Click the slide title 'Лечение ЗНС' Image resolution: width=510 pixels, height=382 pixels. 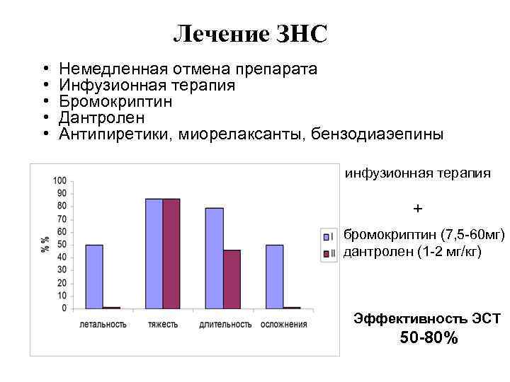251,33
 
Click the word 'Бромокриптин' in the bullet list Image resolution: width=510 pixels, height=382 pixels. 116,101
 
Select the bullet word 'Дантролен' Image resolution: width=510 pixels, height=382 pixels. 102,117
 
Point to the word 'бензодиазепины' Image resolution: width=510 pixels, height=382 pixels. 378,134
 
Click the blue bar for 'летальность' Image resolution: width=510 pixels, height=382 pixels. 94,277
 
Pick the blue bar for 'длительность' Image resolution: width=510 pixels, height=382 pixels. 215,258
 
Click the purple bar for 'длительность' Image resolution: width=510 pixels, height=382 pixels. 232,279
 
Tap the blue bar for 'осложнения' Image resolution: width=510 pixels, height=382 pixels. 275,277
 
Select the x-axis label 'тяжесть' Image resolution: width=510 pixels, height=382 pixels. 163,325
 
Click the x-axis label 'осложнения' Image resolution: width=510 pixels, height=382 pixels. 284,325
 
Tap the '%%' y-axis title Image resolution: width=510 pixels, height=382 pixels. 45,244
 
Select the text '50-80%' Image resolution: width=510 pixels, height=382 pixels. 429,338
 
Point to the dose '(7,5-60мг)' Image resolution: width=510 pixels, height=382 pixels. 472,234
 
